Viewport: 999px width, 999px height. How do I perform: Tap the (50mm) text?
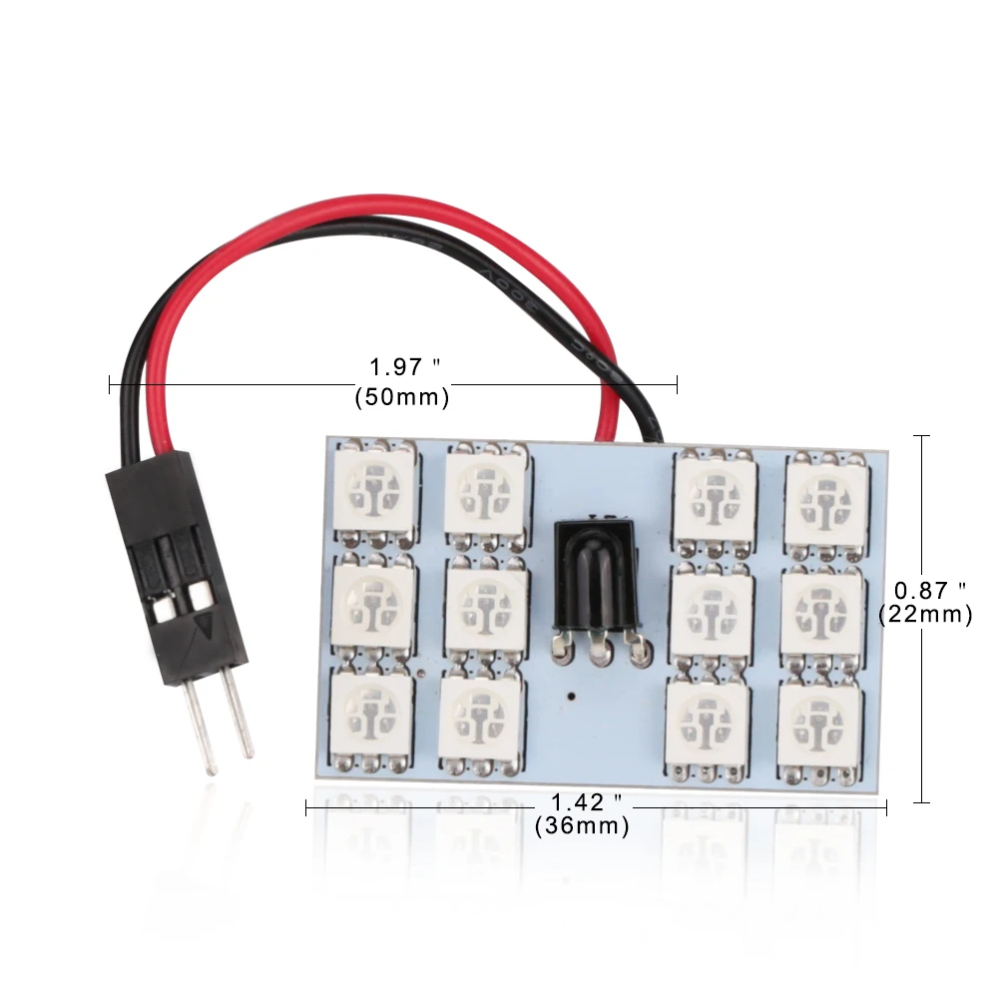(401, 397)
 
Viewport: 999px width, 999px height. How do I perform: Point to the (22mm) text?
(925, 616)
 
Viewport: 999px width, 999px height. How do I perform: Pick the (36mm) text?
(582, 826)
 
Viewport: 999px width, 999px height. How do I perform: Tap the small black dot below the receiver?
(568, 693)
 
